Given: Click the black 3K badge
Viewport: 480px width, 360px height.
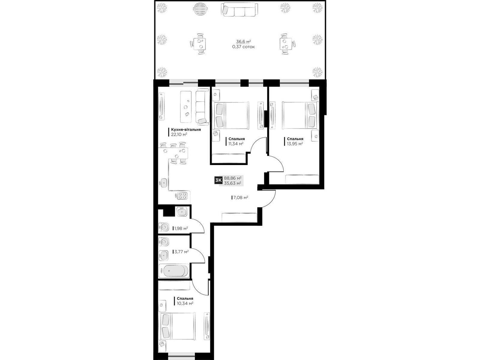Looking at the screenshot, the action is pyautogui.click(x=218, y=180).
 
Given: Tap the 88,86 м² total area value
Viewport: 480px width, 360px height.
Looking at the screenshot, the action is pyautogui.click(x=232, y=178).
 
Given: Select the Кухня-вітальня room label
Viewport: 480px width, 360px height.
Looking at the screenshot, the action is pyautogui.click(x=186, y=130).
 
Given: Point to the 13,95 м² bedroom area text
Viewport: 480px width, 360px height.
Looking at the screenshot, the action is pyautogui.click(x=295, y=144).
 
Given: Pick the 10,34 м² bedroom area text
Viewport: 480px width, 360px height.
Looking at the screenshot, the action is pyautogui.click(x=185, y=303).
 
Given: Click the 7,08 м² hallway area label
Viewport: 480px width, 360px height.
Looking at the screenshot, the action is pyautogui.click(x=241, y=198).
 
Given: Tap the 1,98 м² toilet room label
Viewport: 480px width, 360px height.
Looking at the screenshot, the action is pyautogui.click(x=181, y=228).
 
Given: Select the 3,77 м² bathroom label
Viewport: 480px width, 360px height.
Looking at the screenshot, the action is pyautogui.click(x=181, y=252).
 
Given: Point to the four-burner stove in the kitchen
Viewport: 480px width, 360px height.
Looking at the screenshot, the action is pyautogui.click(x=181, y=196).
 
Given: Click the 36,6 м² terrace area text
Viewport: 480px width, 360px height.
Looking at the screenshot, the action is pyautogui.click(x=243, y=41).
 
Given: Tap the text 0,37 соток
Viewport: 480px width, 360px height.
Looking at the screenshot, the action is pyautogui.click(x=243, y=47).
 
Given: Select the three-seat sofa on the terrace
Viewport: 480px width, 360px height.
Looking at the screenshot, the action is pyautogui.click(x=239, y=10).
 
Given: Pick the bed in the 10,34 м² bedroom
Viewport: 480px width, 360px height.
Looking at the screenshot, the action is pyautogui.click(x=178, y=326).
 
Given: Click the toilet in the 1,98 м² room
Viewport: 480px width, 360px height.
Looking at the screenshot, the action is pyautogui.click(x=163, y=227).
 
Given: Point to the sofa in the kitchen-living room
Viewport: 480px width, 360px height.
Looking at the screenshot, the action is pyautogui.click(x=202, y=107).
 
